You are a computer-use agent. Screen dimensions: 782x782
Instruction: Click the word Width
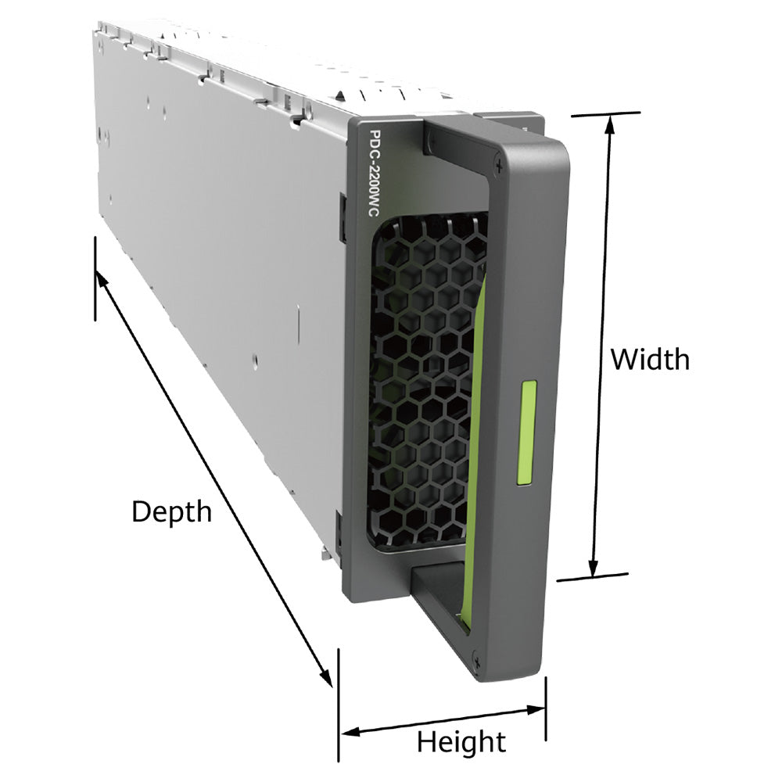tap(651, 359)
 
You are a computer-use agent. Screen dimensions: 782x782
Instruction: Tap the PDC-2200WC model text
tap(374, 173)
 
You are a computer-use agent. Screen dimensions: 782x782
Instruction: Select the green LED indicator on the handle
tap(526, 433)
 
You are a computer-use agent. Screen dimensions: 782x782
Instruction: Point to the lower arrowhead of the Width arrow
tap(593, 568)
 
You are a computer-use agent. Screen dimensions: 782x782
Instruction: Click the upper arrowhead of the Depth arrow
tap(102, 280)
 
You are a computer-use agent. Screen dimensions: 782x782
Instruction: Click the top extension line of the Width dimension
tap(605, 114)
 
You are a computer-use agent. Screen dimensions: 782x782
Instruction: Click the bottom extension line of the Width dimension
tap(592, 577)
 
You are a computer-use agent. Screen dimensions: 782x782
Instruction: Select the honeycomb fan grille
tap(426, 382)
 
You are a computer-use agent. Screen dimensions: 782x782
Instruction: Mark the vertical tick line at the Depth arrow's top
tap(95, 278)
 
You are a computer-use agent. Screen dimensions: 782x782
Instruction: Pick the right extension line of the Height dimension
tap(546, 708)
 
